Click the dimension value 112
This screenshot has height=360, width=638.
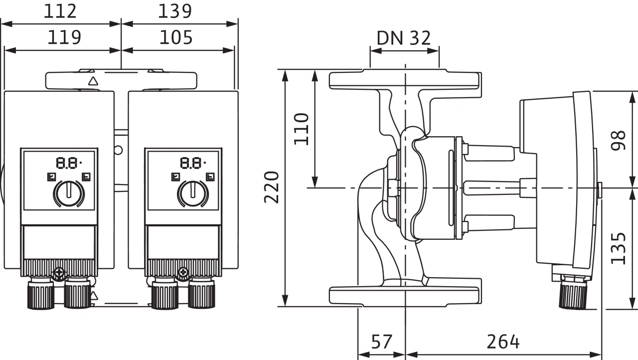coord(60,11)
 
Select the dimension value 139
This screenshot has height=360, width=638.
coord(175,11)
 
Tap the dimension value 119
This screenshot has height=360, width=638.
coord(64,37)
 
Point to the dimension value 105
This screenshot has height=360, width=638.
coord(176,37)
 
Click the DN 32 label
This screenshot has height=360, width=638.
coord(404,38)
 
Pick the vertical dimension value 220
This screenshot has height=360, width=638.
coord(272,187)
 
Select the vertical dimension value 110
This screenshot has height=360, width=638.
coord(302,129)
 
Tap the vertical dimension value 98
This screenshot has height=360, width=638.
coord(618,140)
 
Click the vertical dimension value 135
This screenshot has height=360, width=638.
coord(619,248)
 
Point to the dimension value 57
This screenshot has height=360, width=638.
coord(382,342)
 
